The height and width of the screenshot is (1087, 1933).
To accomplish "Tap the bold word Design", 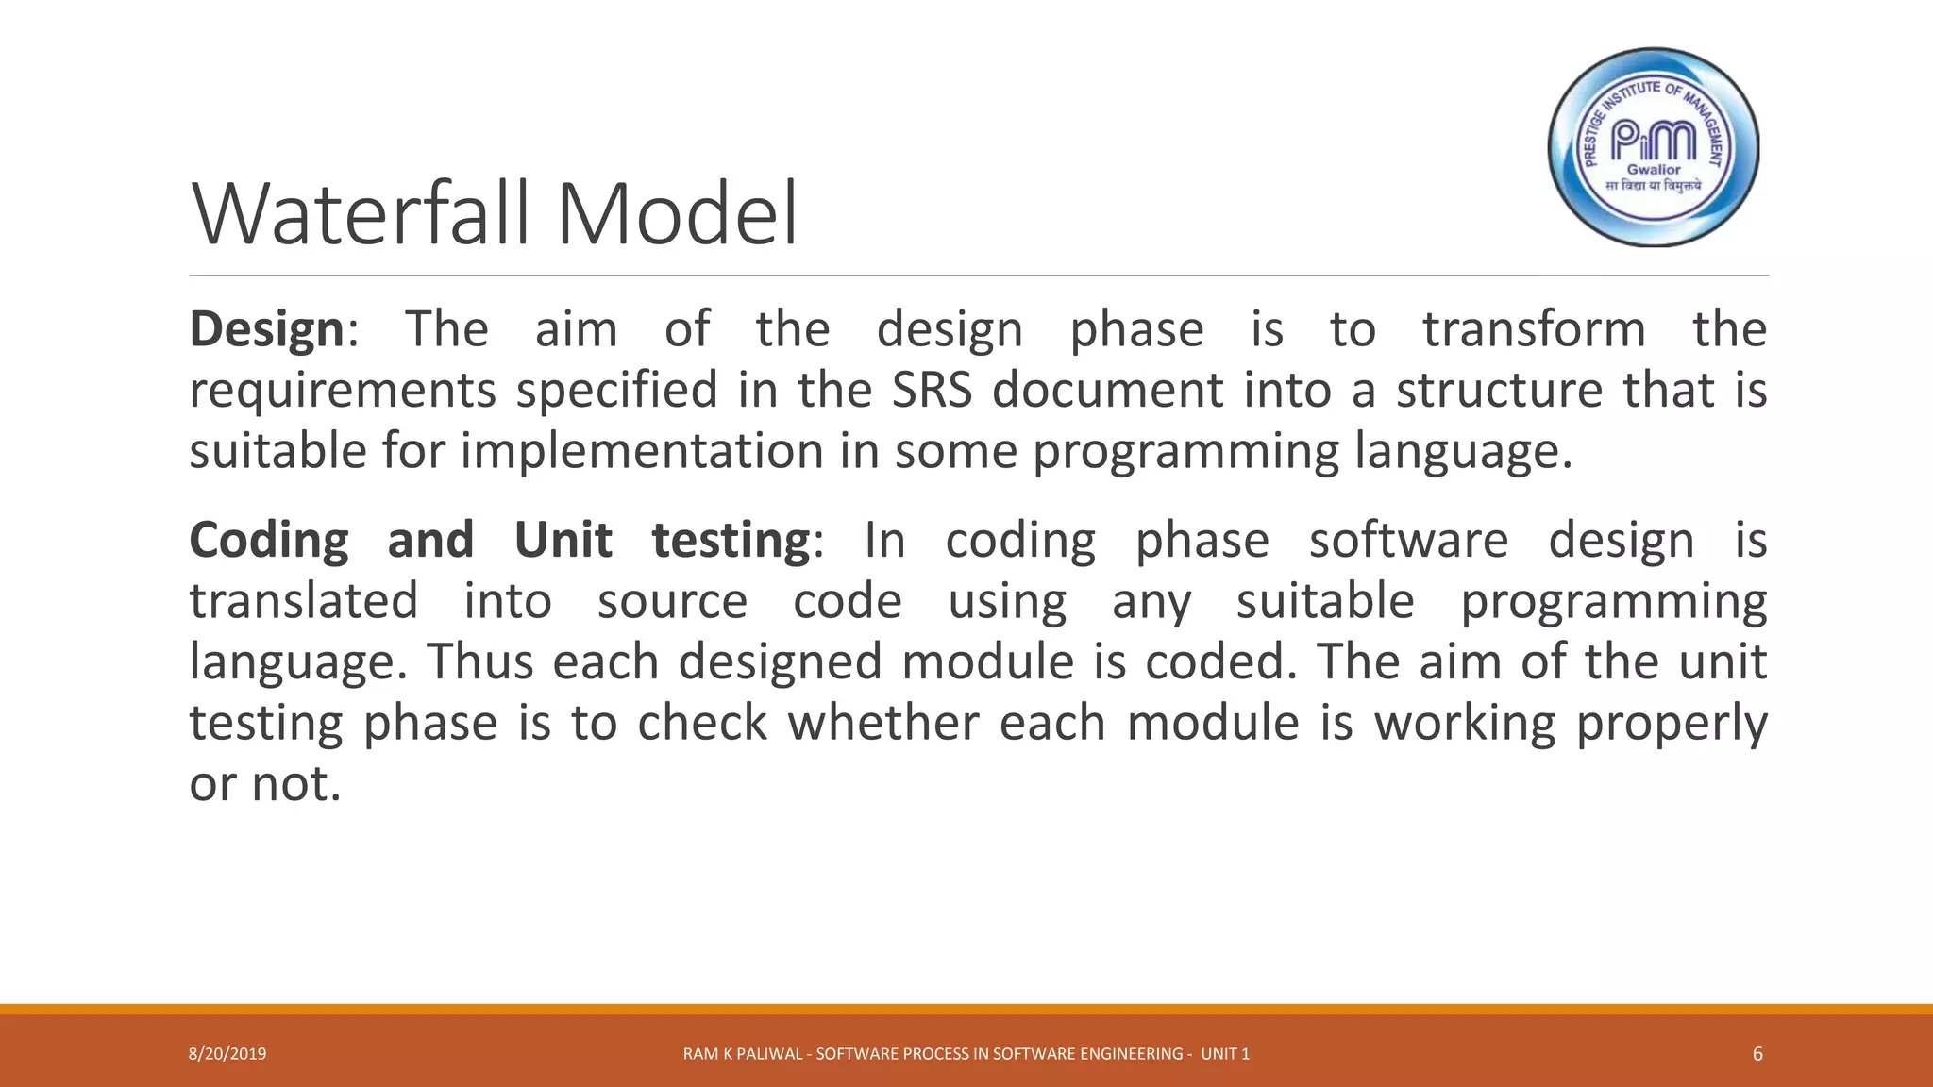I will pos(267,330).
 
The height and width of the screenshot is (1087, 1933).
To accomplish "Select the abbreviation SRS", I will pos(932,391).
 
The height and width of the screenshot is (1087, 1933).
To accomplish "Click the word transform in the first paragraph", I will pos(1534,330).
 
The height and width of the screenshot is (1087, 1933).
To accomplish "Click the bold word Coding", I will pos(269,542).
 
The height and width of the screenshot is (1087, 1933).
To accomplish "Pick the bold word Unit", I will pos(563,541).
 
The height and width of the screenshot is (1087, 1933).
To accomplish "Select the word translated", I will pos(304,602).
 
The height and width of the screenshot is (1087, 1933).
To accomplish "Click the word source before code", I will pos(672,602).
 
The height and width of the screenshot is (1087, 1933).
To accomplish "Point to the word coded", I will pos(1216,662).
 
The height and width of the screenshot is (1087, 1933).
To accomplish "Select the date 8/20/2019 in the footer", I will pos(227,1054).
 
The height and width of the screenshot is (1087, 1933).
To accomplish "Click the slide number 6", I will pos(1757,1054).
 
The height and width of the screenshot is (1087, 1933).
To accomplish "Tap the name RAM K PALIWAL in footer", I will pos(743,1054).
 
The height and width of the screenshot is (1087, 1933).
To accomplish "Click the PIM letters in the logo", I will pos(1654,141).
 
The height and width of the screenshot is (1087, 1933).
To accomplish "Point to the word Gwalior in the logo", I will pos(1654,170).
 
